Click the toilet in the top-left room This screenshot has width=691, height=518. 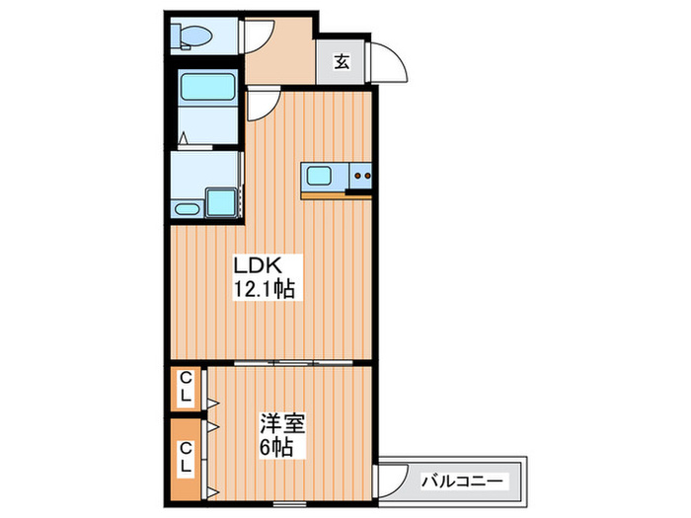pos(192,37)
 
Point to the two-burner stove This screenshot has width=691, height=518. pos(360,178)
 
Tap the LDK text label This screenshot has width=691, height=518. pos(259,266)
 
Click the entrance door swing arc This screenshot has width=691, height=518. pos(393,64)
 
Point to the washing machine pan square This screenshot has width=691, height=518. pos(221,201)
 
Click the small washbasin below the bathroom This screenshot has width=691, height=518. pos(186,207)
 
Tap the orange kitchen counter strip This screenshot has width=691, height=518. pos(336,193)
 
